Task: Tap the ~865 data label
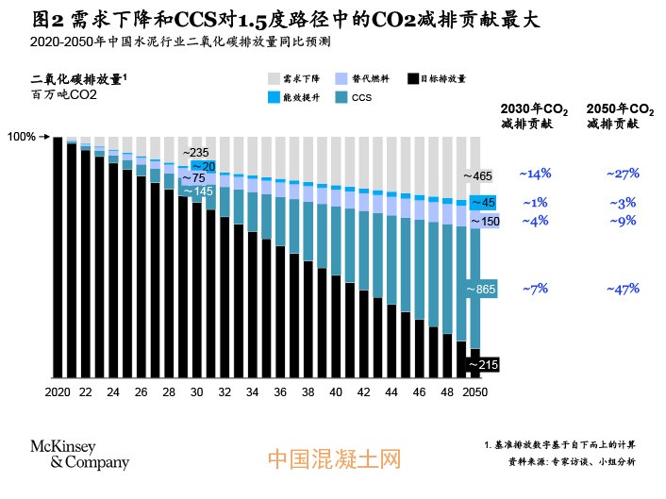[482, 290]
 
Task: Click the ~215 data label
[482, 364]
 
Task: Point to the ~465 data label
[478, 175]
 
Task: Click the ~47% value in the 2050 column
[623, 289]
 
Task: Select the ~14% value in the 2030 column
[535, 174]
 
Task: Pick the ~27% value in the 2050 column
[623, 174]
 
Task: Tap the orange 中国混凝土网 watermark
[335, 458]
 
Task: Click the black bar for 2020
[58, 256]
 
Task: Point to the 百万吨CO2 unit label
[64, 95]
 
